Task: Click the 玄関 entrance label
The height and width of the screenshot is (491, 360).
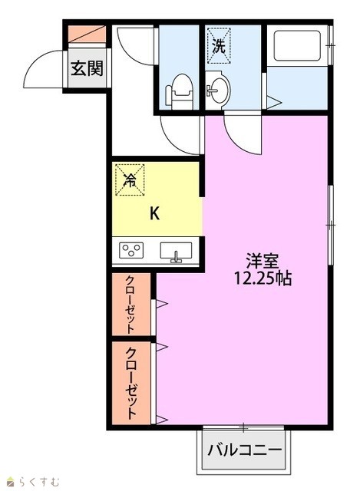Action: [x=87, y=68]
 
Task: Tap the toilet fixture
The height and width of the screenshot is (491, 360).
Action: [x=179, y=91]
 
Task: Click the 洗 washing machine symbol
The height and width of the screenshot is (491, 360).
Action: [x=219, y=46]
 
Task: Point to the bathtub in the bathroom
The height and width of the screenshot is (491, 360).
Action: [x=297, y=45]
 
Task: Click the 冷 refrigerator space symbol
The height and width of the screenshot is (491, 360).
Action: [x=130, y=180]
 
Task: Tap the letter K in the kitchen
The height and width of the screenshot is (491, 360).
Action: [x=155, y=214]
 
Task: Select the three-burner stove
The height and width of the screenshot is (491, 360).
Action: [x=131, y=250]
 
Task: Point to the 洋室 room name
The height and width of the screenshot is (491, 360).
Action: [x=263, y=261]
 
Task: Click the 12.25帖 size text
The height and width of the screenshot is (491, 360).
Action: [x=263, y=278]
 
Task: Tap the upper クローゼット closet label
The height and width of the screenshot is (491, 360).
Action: [x=130, y=305]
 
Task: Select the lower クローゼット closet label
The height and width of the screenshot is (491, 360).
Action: [x=131, y=384]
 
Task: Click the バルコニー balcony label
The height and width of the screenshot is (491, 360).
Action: [x=244, y=450]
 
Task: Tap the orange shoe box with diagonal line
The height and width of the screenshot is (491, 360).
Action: [x=87, y=34]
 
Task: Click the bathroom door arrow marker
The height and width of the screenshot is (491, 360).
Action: [x=273, y=102]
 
